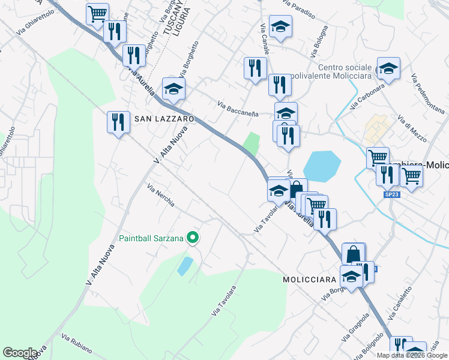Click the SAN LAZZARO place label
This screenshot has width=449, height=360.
point(164,119)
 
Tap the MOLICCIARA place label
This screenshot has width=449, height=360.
point(310,280)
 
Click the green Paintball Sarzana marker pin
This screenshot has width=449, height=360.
point(193,238)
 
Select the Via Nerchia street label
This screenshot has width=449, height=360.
point(161,196)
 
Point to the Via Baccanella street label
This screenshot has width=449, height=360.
point(238,110)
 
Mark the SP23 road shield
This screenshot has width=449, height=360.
point(391,194)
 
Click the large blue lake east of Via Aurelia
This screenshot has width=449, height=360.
point(322,166)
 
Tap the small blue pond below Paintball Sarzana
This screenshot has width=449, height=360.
point(185,266)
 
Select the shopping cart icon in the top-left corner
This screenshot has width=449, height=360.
point(97,13)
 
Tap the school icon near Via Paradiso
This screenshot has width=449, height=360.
point(280,26)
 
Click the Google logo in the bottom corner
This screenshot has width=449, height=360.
point(20,353)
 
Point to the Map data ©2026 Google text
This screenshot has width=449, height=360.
point(412,355)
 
